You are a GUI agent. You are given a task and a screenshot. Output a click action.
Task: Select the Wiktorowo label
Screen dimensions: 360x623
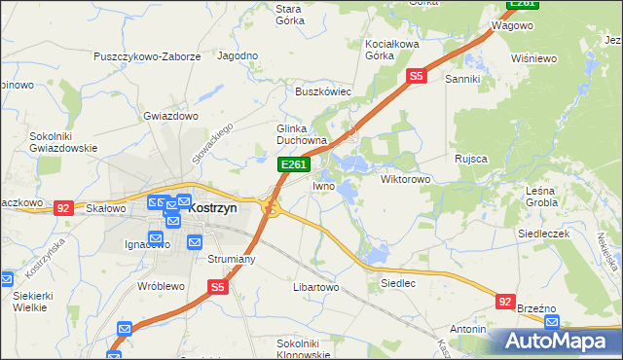point(405,180)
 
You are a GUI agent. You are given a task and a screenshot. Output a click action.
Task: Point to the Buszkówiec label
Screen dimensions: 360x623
point(323,91)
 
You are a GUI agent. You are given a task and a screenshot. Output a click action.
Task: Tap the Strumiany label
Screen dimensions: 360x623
point(231,259)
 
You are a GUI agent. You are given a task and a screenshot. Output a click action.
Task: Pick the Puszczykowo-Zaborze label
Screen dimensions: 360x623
point(147,56)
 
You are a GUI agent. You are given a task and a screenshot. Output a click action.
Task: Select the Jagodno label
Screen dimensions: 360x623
point(238,56)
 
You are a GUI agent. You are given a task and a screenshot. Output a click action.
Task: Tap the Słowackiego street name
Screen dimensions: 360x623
point(213,150)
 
